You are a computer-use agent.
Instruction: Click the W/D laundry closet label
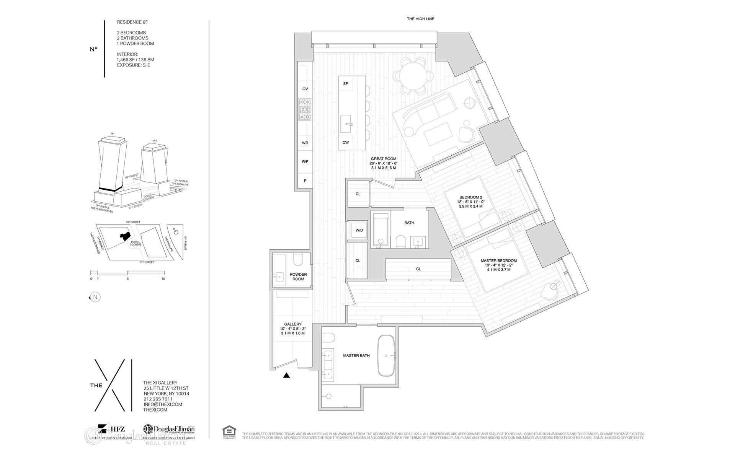[359, 230]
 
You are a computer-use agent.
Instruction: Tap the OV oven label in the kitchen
[305, 89]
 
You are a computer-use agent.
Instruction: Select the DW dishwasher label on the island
[346, 143]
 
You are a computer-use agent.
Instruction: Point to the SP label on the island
[346, 83]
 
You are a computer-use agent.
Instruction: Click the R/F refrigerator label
[305, 162]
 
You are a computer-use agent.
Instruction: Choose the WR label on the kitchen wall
[305, 143]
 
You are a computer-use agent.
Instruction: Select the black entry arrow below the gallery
[286, 376]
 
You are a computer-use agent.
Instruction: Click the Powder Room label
[298, 277]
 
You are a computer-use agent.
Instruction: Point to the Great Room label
[383, 159]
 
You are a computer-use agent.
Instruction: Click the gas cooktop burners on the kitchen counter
[305, 109]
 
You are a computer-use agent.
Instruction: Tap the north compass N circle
[95, 297]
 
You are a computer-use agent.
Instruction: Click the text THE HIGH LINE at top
[420, 19]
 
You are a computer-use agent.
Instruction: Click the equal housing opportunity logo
[229, 432]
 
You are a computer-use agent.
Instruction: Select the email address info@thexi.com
[162, 404]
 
